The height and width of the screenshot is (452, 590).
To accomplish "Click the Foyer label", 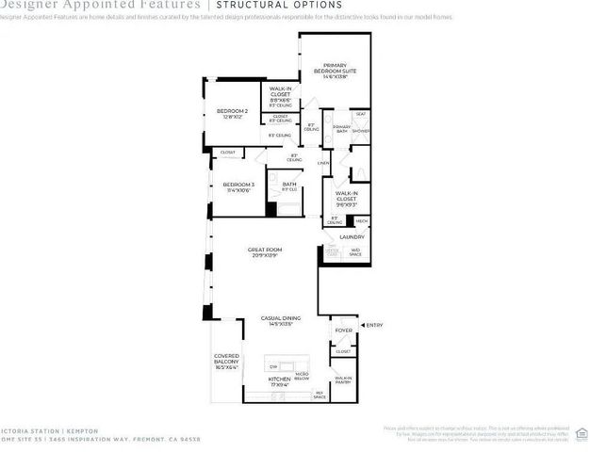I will coord(343,331).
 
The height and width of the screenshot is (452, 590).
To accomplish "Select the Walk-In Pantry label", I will coord(343,379).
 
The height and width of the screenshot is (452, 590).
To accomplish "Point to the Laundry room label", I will coord(352,237).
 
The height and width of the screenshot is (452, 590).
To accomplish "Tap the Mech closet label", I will coord(362,220).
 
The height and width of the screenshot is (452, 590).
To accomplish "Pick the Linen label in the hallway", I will coord(321,163).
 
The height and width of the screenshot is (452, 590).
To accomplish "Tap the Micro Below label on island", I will coord(302,375).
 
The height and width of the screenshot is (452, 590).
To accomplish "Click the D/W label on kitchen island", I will coord(273,365).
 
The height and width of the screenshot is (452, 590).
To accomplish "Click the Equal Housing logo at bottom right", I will coord(582,433).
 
